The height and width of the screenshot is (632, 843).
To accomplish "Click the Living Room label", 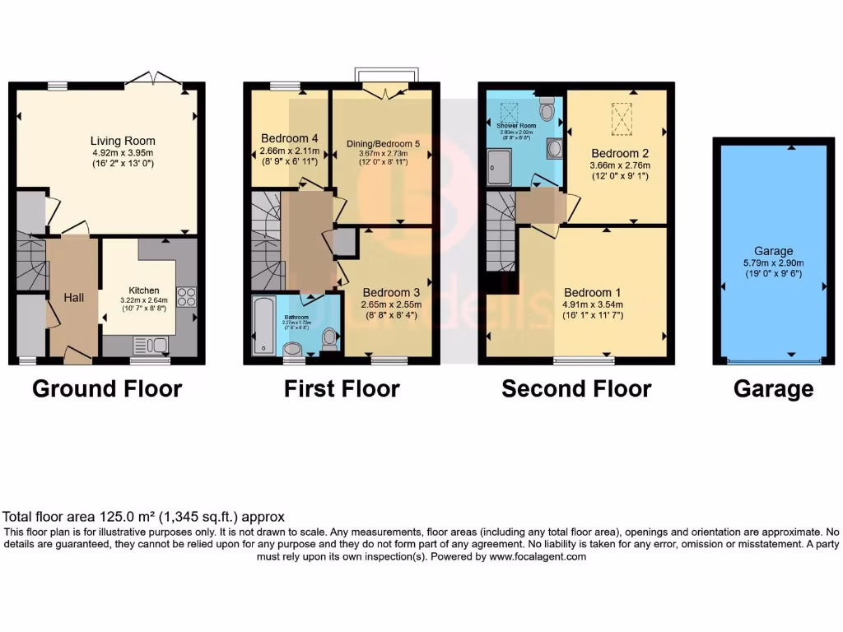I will click(123, 141).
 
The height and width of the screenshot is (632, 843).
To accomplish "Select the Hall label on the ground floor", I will click(73, 297).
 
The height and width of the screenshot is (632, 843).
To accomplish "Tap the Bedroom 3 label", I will click(391, 292).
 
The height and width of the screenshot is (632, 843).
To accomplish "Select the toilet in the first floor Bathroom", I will click(329, 337).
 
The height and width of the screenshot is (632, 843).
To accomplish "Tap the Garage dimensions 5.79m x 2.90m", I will click(773, 263).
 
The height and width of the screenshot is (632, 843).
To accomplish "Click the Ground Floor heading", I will click(107, 388).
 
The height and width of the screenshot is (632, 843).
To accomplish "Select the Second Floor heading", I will click(576, 388).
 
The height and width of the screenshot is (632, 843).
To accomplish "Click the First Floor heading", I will click(342, 388).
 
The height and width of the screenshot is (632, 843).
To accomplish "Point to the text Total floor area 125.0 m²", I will click(145, 517).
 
